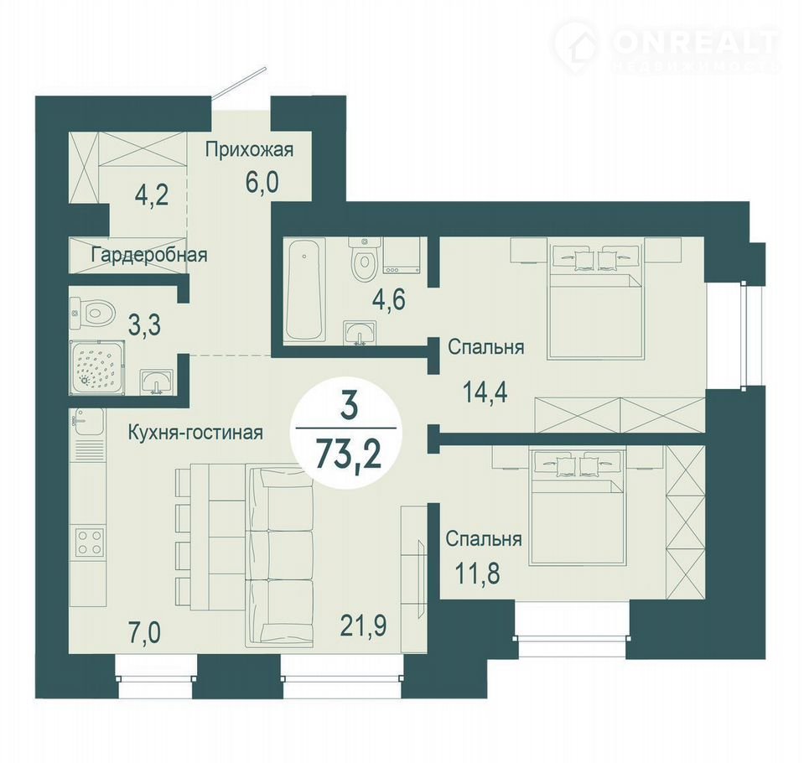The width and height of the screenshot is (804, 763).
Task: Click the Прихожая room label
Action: click(249, 151)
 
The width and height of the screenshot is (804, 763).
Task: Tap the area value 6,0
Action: click(262, 181)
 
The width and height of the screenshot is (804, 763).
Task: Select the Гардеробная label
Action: click(149, 255)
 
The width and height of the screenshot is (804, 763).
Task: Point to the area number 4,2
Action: click(151, 195)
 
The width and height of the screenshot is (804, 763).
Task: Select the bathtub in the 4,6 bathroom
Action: click(306, 290)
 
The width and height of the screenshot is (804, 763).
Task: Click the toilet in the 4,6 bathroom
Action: click(364, 258)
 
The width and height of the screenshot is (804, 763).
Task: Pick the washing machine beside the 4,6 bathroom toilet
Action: click(402, 255)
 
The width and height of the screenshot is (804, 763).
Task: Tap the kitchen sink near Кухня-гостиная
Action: click(88, 420)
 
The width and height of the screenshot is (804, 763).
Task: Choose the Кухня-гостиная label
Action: click(195, 433)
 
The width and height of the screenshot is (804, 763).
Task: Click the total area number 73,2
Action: click(349, 454)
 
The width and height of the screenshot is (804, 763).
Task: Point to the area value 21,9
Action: click(363, 625)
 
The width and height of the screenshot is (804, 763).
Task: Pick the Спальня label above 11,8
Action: click(484, 539)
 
